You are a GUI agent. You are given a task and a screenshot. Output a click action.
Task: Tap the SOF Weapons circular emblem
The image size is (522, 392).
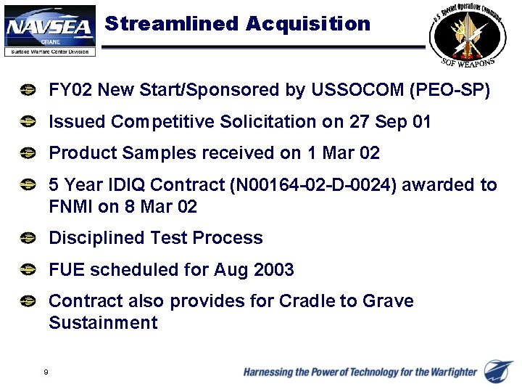463,36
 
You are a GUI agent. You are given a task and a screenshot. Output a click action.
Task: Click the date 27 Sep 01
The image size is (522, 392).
390,122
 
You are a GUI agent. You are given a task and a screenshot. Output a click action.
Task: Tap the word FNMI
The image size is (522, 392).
70,207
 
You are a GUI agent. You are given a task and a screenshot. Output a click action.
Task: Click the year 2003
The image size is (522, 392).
274,270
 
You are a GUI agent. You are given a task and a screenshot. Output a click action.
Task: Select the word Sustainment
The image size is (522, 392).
103,323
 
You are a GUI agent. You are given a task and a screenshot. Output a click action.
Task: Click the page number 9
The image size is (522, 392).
46,372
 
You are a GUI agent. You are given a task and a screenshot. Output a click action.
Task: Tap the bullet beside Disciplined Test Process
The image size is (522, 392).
28,238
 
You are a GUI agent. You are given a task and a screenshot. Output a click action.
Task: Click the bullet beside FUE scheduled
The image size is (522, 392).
28,270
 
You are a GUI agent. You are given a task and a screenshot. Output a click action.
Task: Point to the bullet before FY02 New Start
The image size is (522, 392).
28,91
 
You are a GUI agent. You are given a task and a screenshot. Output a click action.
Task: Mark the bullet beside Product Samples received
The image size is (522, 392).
28,153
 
